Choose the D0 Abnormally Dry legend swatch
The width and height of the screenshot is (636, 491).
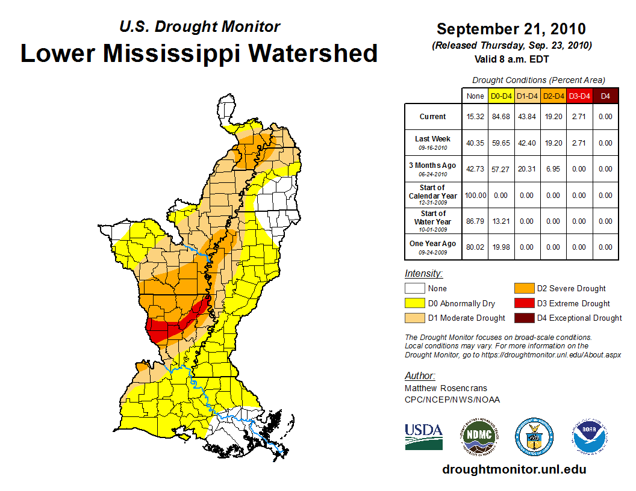[x=414, y=303]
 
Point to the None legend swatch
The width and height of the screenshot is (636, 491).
[x=414, y=289]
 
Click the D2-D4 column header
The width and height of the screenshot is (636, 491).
[x=553, y=96]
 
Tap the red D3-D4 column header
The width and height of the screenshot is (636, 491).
[x=579, y=96]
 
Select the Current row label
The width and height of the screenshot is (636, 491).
[x=433, y=117]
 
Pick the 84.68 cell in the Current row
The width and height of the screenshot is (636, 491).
[x=501, y=117]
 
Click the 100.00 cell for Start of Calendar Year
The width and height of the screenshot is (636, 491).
[x=475, y=195]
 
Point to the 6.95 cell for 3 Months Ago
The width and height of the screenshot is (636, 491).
[x=553, y=169]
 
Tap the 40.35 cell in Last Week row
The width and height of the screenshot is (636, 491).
[x=475, y=143]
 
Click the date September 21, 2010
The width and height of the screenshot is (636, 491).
[x=511, y=29]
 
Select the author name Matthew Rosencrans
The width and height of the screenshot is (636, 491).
[x=445, y=388]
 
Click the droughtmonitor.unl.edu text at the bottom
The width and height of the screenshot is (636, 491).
[x=514, y=469]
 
